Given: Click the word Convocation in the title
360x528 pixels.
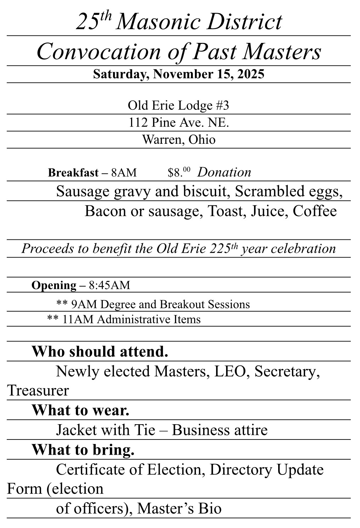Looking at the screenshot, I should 98,52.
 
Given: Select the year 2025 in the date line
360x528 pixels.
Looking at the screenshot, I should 251,74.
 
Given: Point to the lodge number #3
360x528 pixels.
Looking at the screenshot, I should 223,106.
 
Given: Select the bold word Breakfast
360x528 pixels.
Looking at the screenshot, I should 73,173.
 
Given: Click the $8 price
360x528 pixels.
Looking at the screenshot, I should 179,172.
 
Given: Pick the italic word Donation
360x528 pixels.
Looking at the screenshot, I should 224,172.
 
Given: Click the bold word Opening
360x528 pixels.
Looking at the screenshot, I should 54,285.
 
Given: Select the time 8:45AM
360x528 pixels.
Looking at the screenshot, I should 109,285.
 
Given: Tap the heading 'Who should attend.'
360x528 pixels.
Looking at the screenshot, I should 100,352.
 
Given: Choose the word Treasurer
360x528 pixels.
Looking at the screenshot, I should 38,391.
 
